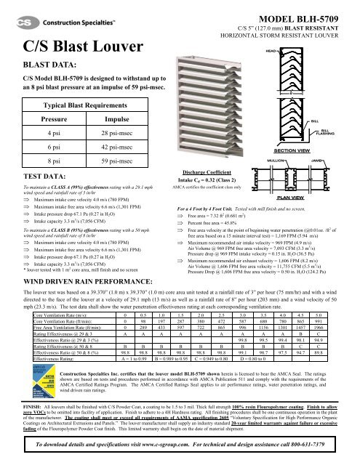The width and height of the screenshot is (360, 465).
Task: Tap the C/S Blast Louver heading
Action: point(60,49)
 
